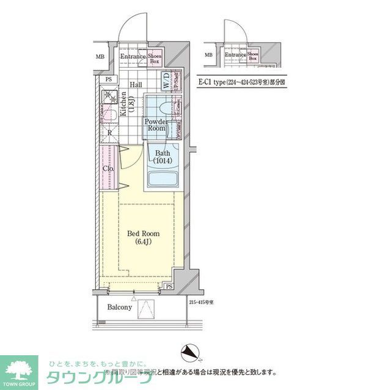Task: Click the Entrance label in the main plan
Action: pyautogui.click(x=133, y=57)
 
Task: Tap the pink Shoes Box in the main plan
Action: pyautogui.click(x=155, y=58)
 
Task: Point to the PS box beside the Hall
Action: pyautogui.click(x=108, y=79)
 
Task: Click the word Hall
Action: pyautogui.click(x=136, y=85)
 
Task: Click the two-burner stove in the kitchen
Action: pyautogui.click(x=111, y=96)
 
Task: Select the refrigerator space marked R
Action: pyautogui.click(x=109, y=132)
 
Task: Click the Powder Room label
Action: pyautogui.click(x=155, y=125)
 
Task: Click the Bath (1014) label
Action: pyautogui.click(x=163, y=157)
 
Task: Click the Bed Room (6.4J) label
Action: pyautogui.click(x=143, y=237)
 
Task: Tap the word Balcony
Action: pyautogui.click(x=119, y=308)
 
